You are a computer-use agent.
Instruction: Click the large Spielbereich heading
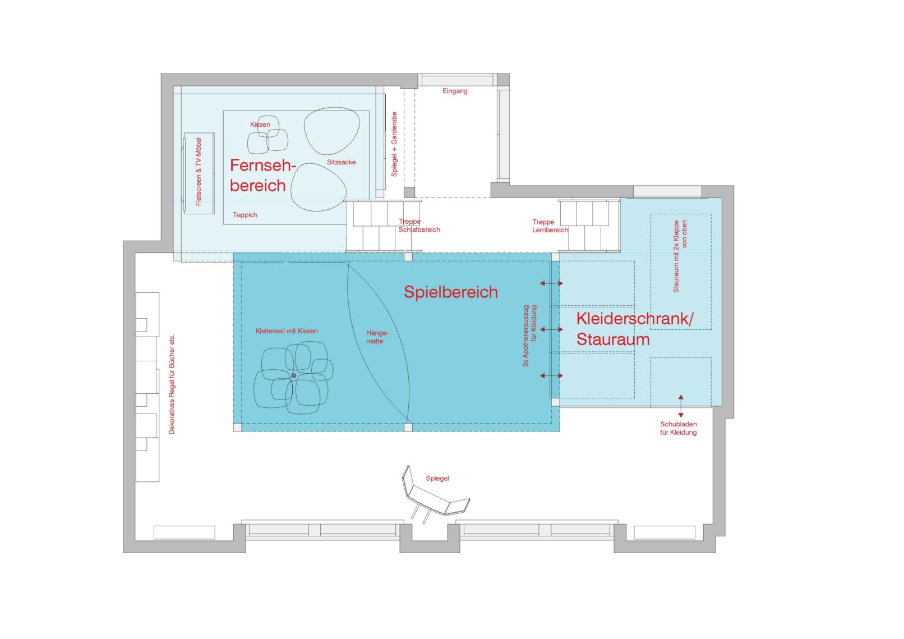click(451, 292)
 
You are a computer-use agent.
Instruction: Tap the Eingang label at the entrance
click(455, 91)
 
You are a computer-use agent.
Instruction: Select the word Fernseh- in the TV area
click(263, 166)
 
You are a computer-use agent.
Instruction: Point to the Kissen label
click(260, 125)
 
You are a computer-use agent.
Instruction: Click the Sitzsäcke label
click(342, 162)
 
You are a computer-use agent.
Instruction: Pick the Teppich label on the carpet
click(245, 215)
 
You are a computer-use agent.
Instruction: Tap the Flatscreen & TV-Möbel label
click(198, 172)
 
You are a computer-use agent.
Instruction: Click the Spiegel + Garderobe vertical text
click(394, 144)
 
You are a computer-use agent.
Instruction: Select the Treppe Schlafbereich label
click(419, 226)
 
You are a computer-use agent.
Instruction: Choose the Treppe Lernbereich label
click(550, 226)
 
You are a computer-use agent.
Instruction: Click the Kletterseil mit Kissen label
click(287, 331)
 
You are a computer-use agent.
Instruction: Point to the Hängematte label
click(377, 337)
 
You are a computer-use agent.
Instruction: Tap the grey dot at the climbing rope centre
click(294, 375)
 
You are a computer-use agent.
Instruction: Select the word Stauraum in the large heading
click(613, 339)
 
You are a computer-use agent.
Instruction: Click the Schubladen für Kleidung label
click(679, 428)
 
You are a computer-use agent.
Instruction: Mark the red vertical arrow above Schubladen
click(681, 406)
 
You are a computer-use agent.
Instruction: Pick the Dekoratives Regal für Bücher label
click(172, 384)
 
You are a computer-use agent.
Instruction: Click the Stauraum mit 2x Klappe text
click(680, 256)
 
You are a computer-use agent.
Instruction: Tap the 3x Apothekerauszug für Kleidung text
click(530, 336)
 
